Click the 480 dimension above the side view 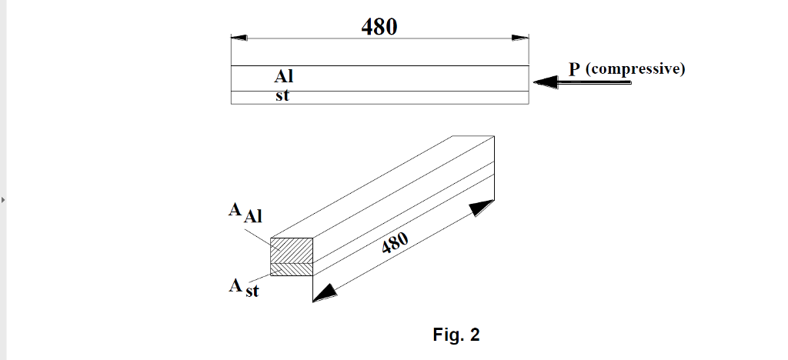379,27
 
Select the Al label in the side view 284,77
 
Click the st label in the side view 282,96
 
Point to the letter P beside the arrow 574,69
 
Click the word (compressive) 635,69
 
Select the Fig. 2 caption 456,335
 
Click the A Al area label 245,212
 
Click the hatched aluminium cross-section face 292,250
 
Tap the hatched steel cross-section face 292,270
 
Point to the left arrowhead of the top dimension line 239,37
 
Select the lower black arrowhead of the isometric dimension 326,292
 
